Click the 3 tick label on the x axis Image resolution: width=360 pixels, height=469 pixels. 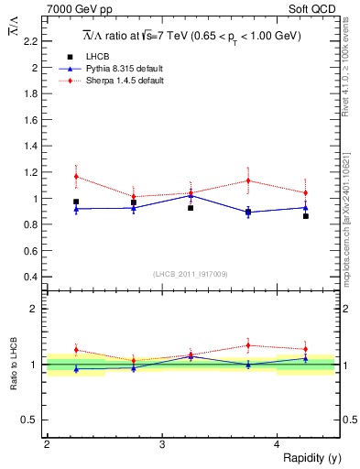tap(161, 444)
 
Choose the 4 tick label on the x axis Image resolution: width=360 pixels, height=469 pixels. tap(278, 444)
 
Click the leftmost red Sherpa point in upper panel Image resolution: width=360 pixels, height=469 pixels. tap(76, 176)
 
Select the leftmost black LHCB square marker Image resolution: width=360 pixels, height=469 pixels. tap(76, 202)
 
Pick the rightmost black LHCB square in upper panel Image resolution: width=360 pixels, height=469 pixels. tap(306, 216)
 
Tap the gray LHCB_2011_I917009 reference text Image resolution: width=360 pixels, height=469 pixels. tap(191, 274)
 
